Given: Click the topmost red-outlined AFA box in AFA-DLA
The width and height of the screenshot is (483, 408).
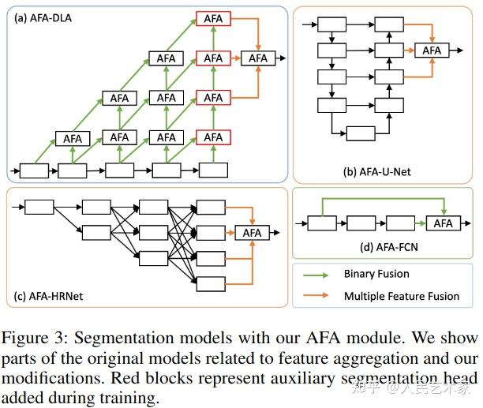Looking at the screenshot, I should point(213,17).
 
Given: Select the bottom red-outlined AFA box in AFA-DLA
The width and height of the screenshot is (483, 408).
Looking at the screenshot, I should point(213,138).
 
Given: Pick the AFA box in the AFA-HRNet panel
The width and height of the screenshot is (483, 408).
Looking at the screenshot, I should point(252,233).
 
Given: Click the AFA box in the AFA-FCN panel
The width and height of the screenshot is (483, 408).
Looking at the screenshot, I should point(444,223).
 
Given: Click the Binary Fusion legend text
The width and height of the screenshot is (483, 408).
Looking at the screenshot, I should point(377,274).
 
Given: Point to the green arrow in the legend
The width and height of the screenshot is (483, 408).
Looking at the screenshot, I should point(317,275).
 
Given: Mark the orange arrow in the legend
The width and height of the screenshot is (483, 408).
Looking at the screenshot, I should point(317,298).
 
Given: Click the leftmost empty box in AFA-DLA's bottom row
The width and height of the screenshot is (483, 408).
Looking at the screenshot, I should point(34,170).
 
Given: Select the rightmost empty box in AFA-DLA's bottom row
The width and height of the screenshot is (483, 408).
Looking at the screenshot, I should point(213,170).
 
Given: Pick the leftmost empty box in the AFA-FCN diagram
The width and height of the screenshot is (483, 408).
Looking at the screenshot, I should point(321,223).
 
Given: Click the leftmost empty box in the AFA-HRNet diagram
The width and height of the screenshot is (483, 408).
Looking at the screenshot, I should point(39,207).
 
